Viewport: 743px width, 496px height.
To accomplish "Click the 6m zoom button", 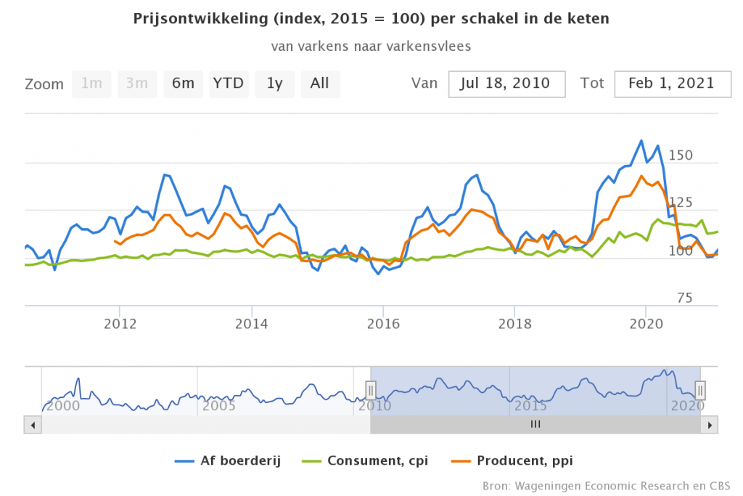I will [183, 84].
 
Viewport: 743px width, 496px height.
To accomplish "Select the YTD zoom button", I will [229, 84].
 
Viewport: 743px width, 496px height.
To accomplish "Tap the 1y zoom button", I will [274, 84].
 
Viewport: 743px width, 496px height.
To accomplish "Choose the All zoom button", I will [320, 84].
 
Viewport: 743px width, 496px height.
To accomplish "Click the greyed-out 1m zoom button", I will [91, 84].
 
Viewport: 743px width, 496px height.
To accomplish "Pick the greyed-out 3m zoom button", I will [137, 84].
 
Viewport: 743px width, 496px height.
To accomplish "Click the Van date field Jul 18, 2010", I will [506, 84].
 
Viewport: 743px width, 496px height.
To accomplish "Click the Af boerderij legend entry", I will [228, 460].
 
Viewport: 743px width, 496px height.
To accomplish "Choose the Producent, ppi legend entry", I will [518, 460].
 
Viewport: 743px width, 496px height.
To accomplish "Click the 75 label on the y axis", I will [686, 298].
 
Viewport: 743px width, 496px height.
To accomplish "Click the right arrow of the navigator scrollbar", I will [712, 424].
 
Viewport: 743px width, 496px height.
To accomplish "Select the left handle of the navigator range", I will [371, 390].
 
